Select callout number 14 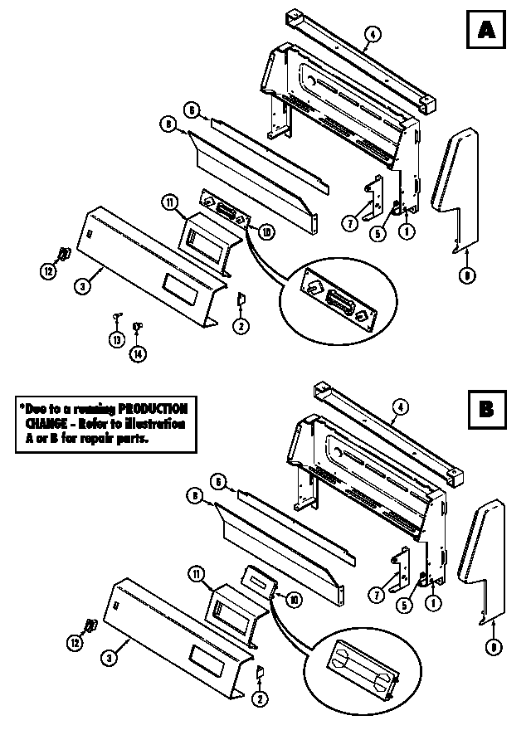(137, 353)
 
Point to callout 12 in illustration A (49, 271)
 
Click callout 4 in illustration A (373, 34)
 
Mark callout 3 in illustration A (82, 287)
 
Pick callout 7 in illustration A (349, 223)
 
